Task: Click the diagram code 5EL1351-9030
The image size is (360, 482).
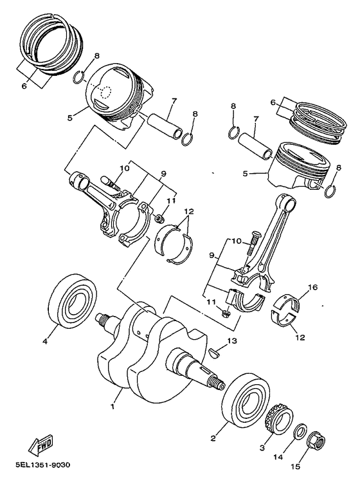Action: [42, 465]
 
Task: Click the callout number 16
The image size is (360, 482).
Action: [312, 288]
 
